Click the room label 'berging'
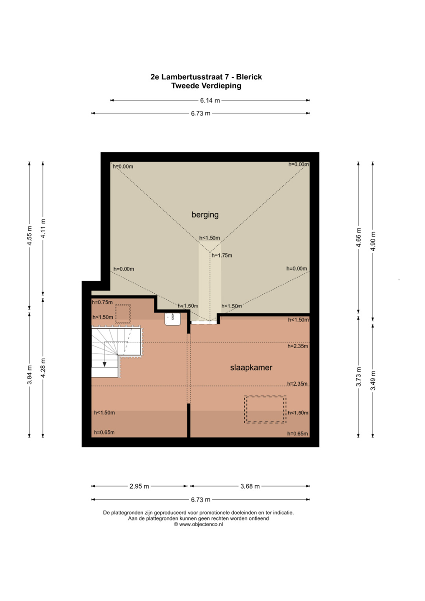(205, 215)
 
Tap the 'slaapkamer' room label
(251, 367)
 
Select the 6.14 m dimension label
(210, 100)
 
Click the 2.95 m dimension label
(139, 486)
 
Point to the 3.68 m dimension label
(250, 486)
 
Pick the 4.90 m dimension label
(373, 241)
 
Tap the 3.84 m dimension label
(30, 374)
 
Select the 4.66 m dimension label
(359, 237)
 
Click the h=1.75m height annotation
(222, 255)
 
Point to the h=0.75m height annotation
(102, 302)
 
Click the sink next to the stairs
(173, 319)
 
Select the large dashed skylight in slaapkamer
(265, 409)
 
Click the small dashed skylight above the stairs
(123, 314)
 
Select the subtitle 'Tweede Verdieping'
(206, 86)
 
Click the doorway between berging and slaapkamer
(204, 323)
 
